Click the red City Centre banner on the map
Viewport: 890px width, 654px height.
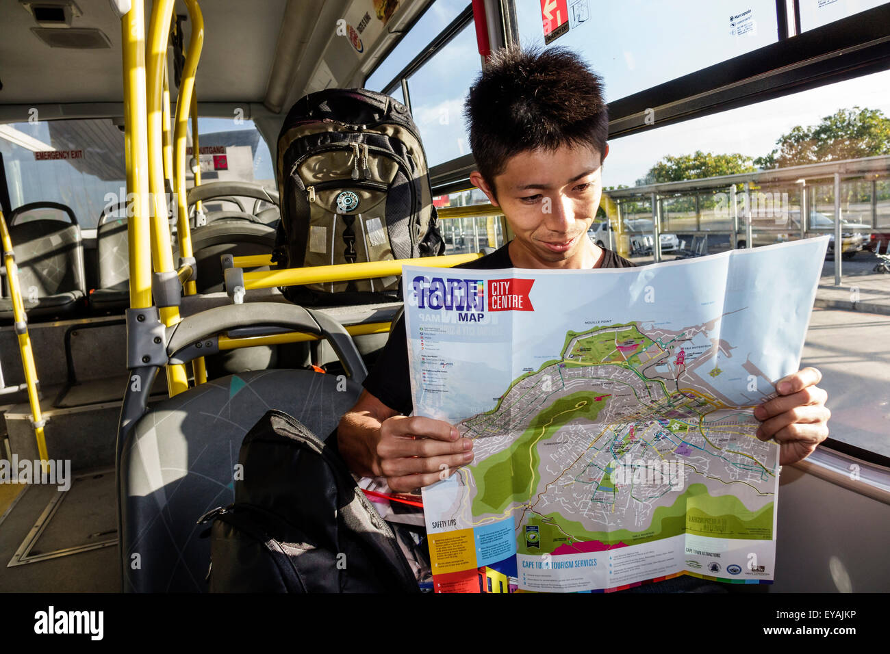[x=510, y=295]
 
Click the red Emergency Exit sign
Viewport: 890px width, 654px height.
[x=58, y=155]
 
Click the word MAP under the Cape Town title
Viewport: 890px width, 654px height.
[x=470, y=317]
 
